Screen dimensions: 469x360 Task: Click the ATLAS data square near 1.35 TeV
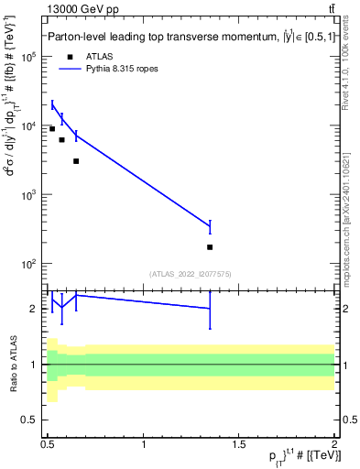coord(211,247)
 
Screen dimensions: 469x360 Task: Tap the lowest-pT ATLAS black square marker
coord(52,129)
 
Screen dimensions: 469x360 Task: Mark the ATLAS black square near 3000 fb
coord(76,161)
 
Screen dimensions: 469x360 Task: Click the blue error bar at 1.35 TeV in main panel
coord(211,226)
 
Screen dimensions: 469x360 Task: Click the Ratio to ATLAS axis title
coord(13,365)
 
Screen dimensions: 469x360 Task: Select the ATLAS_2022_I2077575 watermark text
coord(191,274)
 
